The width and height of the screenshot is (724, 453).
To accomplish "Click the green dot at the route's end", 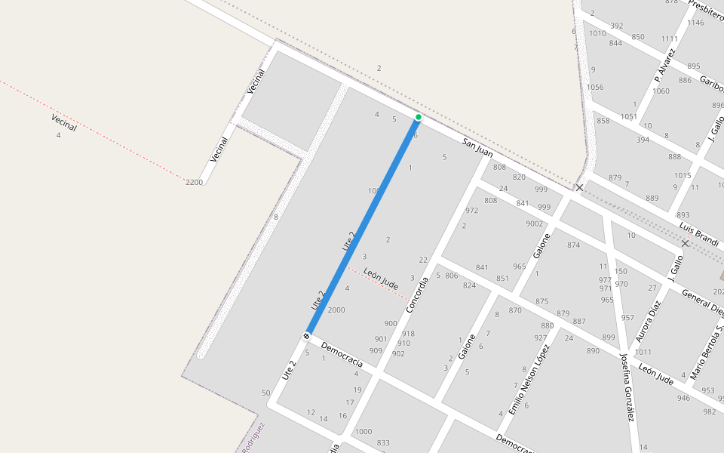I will (x=418, y=117).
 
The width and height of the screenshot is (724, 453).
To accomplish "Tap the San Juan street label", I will (x=477, y=148).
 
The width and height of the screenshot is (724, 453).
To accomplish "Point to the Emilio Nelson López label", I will (x=529, y=378).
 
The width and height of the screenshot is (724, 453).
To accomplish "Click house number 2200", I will (x=195, y=182).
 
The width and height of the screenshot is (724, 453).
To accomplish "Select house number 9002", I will (x=534, y=223).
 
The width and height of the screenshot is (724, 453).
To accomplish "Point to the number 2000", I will (x=336, y=310).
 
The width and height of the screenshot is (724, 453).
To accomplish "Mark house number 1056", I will (x=595, y=87).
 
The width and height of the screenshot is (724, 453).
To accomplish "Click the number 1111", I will (x=670, y=39).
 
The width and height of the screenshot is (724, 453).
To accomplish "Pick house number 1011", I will (x=643, y=352).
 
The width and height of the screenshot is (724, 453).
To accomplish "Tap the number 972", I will (x=472, y=211).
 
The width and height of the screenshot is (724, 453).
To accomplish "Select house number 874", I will (x=574, y=245).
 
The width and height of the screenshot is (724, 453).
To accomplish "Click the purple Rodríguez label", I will (x=253, y=437).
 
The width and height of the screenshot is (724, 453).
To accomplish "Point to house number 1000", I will (x=364, y=431).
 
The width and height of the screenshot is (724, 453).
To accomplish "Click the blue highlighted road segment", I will (x=362, y=226).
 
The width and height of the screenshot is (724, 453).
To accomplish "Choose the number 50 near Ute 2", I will (x=265, y=393).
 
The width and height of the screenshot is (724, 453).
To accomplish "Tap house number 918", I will (x=408, y=333).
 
